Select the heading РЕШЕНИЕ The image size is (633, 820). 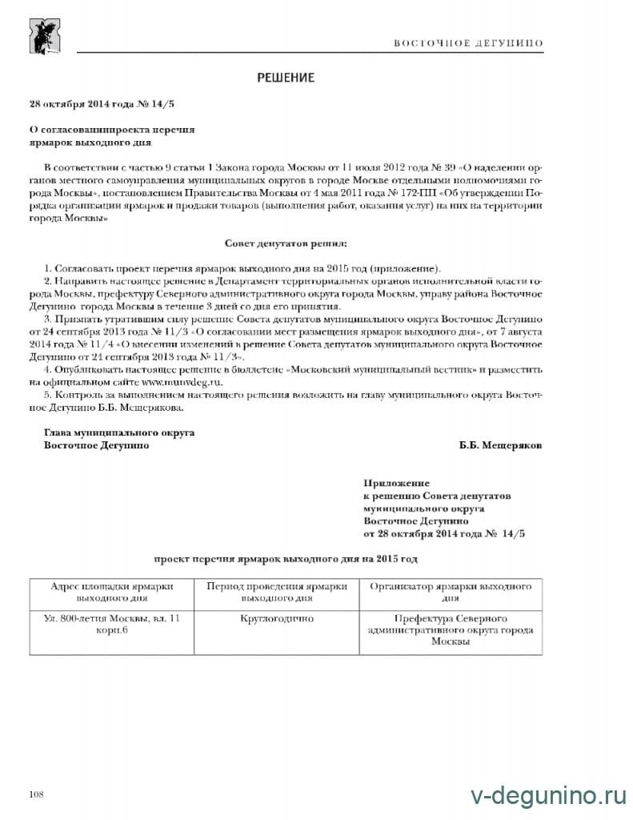(x=286, y=78)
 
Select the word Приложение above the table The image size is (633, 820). (x=396, y=483)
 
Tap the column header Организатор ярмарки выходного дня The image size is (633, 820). (x=450, y=592)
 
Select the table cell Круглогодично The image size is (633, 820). (x=276, y=618)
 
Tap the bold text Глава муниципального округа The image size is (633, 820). (x=119, y=432)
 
